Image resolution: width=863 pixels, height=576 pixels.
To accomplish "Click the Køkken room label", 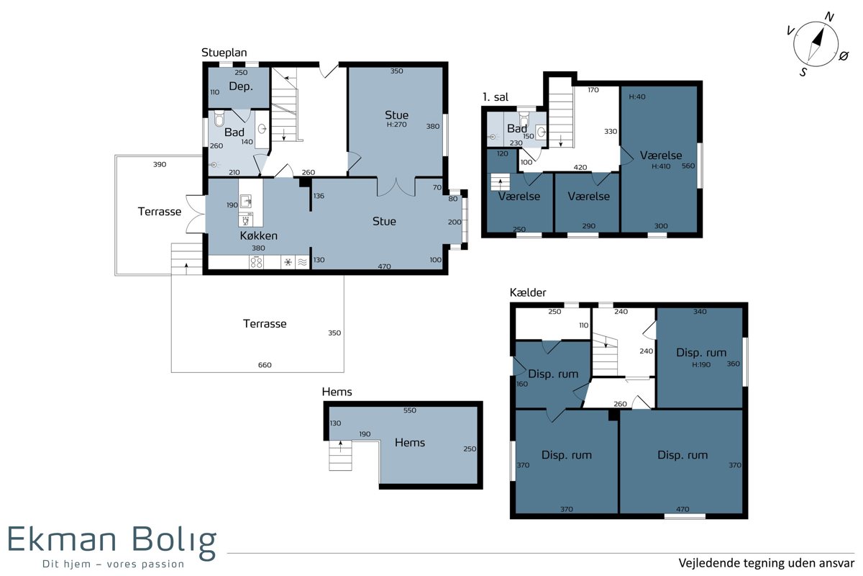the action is pyautogui.click(x=258, y=235).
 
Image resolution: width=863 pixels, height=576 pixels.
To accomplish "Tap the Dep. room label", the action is pyautogui.click(x=241, y=86).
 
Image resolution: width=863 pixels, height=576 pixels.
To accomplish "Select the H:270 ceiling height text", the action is pyautogui.click(x=396, y=125).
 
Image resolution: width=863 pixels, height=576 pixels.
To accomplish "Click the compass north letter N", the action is pyautogui.click(x=829, y=17).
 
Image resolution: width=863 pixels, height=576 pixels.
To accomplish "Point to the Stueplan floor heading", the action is pyautogui.click(x=224, y=53).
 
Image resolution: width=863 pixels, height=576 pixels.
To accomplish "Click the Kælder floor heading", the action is pyautogui.click(x=528, y=292).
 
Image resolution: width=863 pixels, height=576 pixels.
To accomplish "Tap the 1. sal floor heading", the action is pyautogui.click(x=496, y=96).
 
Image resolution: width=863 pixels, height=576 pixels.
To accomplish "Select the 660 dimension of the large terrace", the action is pyautogui.click(x=265, y=365).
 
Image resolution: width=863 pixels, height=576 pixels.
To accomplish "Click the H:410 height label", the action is pyautogui.click(x=661, y=166).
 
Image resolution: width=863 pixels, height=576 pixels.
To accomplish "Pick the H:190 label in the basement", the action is pyautogui.click(x=701, y=364).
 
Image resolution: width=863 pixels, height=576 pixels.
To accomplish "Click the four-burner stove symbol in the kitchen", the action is pyautogui.click(x=256, y=262).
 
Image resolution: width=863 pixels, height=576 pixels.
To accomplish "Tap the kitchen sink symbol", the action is pyautogui.click(x=246, y=201).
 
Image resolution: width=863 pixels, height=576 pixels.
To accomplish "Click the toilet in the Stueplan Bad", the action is pyautogui.click(x=219, y=119).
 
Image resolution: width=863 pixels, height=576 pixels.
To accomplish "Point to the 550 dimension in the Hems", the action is pyautogui.click(x=409, y=410).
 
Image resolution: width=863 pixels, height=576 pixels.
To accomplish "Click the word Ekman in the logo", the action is pyautogui.click(x=62, y=539).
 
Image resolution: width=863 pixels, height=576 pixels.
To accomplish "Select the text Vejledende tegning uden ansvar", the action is pyautogui.click(x=767, y=563).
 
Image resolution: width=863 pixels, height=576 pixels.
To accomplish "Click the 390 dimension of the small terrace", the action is pyautogui.click(x=160, y=164).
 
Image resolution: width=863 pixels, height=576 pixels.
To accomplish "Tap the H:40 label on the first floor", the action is pyautogui.click(x=637, y=96).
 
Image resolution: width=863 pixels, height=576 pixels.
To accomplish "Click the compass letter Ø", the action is pyautogui.click(x=844, y=56).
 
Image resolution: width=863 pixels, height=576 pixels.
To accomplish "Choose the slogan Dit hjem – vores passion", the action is pyautogui.click(x=114, y=564).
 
